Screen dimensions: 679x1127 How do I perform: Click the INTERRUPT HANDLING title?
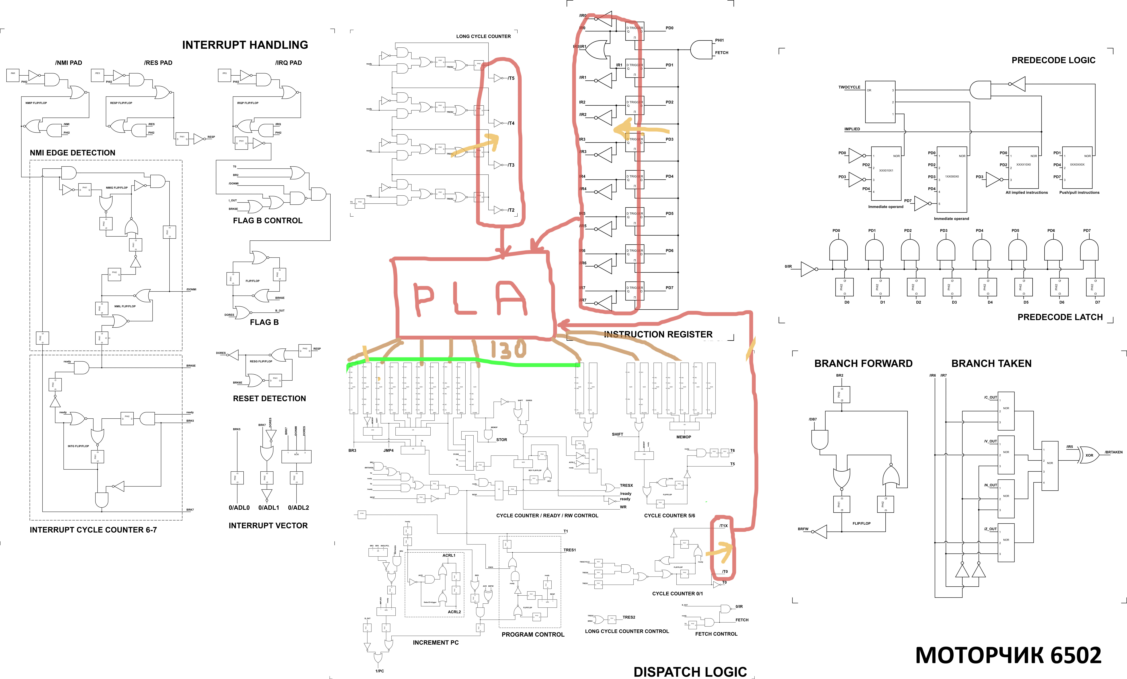(245, 45)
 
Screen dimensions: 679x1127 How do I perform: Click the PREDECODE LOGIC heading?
(1053, 60)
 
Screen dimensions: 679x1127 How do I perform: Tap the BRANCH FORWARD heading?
(863, 363)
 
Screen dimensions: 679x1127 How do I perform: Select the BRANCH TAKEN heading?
(991, 363)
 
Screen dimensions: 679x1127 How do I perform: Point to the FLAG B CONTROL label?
(267, 220)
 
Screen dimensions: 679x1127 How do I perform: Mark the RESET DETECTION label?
(269, 398)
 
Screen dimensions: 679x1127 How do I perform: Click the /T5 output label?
(511, 78)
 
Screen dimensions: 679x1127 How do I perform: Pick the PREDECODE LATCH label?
(1060, 317)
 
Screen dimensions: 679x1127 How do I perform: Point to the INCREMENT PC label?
(436, 642)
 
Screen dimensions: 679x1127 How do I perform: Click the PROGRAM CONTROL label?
(533, 635)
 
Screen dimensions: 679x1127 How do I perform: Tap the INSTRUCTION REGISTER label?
(658, 335)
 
